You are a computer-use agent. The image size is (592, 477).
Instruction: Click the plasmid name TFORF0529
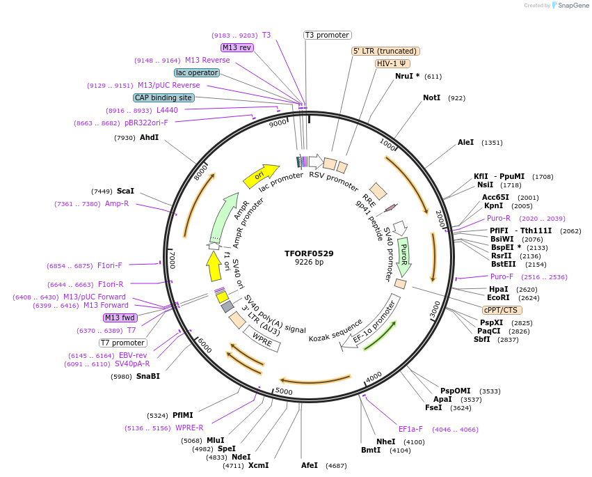309,253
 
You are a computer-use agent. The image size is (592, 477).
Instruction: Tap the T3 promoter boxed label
328,35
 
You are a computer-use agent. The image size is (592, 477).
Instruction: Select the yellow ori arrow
260,176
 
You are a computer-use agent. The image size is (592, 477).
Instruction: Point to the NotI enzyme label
431,98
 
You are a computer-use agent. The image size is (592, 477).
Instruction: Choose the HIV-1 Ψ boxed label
392,63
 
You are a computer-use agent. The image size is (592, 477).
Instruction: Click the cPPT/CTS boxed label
500,310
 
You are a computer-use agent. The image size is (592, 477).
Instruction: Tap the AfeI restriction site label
310,465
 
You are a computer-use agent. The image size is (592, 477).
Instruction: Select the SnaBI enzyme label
147,377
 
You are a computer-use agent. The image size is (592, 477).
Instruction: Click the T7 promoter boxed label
122,343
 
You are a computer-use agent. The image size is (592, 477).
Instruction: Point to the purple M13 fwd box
120,318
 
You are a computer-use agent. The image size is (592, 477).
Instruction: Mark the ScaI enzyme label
126,191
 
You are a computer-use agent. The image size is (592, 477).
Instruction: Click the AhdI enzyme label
149,138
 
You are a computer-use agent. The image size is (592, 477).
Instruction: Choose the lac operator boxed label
197,72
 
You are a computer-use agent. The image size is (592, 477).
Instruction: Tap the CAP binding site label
163,98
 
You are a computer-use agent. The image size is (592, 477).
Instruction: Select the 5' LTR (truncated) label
385,51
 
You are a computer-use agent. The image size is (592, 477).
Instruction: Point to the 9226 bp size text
309,263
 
